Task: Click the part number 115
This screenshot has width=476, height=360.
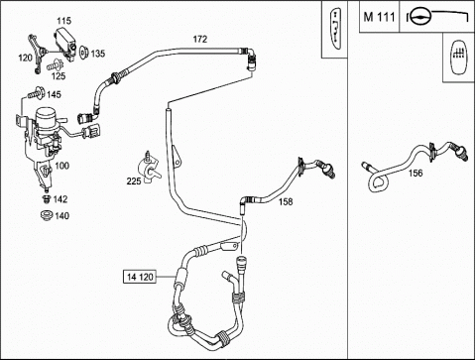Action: [63, 21]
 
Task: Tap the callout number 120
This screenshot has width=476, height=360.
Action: [25, 59]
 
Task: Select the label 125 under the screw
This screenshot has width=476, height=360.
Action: [59, 76]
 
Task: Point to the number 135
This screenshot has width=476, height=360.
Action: [98, 54]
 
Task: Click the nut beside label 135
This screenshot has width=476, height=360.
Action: [83, 52]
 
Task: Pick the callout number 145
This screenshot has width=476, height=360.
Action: [54, 95]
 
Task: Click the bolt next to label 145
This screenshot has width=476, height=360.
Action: [36, 93]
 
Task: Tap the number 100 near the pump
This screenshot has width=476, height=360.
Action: [61, 166]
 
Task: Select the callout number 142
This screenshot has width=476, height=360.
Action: [60, 199]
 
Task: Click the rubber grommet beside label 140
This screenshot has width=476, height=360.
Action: [47, 215]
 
